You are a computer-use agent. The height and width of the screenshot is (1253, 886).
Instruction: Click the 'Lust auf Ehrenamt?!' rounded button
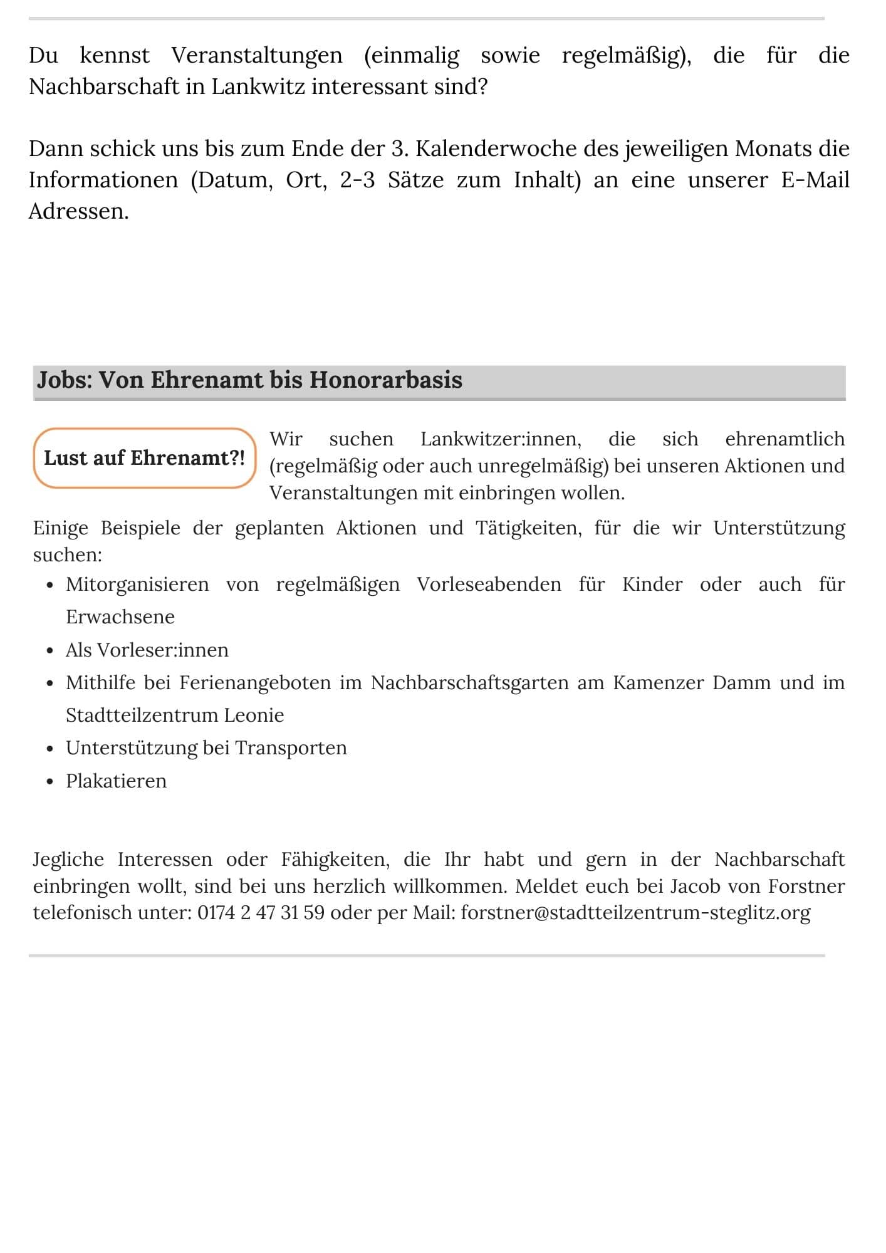(x=144, y=458)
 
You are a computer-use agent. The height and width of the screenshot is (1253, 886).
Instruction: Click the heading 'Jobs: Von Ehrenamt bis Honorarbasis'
(x=249, y=380)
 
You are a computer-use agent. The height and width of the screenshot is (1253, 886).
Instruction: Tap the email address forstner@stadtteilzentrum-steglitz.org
(x=635, y=912)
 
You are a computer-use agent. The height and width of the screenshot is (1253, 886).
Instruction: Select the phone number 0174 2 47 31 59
(x=261, y=912)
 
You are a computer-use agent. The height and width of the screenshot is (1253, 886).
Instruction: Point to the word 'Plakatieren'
(x=117, y=781)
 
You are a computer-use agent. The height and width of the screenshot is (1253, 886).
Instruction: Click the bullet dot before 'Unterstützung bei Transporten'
(x=50, y=749)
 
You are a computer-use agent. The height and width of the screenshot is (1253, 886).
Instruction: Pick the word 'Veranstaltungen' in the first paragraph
(x=257, y=56)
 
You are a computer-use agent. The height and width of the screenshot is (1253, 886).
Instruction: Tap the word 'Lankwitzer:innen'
(x=501, y=439)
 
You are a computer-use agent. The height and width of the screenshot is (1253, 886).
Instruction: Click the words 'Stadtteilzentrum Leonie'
(x=175, y=715)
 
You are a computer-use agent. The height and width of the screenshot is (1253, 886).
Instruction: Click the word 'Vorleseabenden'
(x=489, y=585)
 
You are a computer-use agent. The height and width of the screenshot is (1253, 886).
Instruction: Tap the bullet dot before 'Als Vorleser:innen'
(x=50, y=650)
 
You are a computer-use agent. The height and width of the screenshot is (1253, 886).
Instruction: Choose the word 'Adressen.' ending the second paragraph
(x=79, y=212)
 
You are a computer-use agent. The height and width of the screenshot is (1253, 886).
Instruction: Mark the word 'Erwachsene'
(x=120, y=617)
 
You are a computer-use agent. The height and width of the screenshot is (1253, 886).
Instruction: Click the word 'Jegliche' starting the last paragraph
(x=68, y=860)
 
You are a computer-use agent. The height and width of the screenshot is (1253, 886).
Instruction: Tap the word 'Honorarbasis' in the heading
(x=385, y=380)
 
